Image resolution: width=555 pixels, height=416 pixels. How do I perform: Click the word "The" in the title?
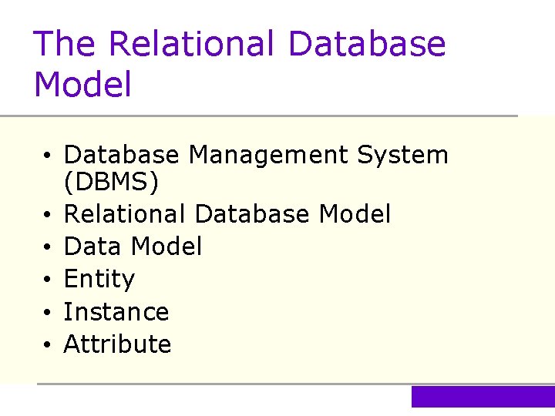[x=66, y=44]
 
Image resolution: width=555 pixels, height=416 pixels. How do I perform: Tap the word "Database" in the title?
[x=367, y=44]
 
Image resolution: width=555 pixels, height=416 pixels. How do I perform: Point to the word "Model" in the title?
[x=83, y=85]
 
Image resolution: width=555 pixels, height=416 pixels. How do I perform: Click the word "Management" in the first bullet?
[x=269, y=156]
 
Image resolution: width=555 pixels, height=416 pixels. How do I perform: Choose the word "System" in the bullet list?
[x=402, y=156]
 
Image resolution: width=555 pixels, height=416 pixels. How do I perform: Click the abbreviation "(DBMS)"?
[x=111, y=183]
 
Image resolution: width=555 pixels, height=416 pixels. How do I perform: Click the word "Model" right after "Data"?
[x=166, y=247]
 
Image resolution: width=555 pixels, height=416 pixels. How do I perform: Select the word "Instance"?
[x=116, y=312]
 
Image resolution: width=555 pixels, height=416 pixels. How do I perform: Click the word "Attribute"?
[x=117, y=344]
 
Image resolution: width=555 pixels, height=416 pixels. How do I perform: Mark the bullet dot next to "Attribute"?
[x=48, y=345]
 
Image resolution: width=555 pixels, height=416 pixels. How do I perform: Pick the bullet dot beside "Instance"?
[x=48, y=313]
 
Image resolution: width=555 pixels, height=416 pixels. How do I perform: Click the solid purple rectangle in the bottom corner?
[x=483, y=397]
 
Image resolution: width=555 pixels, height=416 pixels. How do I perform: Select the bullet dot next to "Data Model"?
[x=48, y=248]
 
